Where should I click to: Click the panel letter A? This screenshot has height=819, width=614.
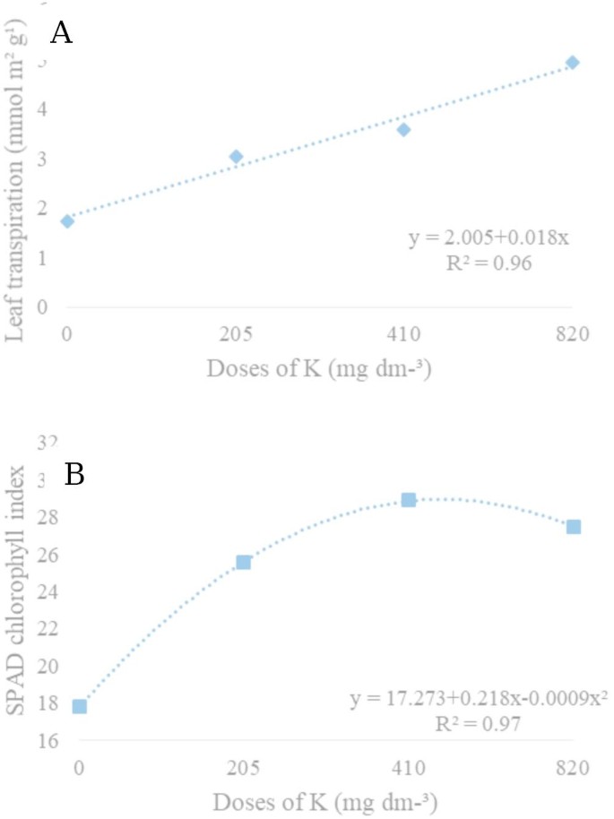pyautogui.click(x=62, y=32)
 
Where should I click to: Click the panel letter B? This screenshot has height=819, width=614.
pyautogui.click(x=74, y=474)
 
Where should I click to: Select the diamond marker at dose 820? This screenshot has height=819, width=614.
pyautogui.click(x=572, y=63)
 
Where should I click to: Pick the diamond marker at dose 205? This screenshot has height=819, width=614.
pyautogui.click(x=236, y=157)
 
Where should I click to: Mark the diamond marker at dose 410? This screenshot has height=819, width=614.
pyautogui.click(x=403, y=130)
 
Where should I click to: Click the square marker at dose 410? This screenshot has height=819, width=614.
pyautogui.click(x=409, y=500)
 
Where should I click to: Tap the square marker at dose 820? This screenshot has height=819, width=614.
pyautogui.click(x=574, y=527)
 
